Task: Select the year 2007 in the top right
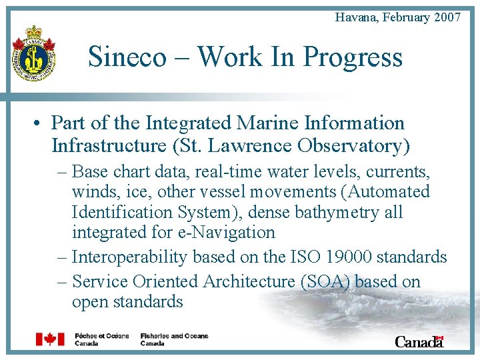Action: pos(447,17)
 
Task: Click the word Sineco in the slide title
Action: pos(127,57)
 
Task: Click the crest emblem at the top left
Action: pos(33,53)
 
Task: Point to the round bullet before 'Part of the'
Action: pos(40,123)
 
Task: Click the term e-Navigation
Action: pos(230,232)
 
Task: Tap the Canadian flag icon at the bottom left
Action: pos(50,339)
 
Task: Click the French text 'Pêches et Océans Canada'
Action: pos(102,339)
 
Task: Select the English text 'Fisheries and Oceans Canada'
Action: pos(174,339)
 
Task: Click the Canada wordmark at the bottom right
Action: pos(419,341)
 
